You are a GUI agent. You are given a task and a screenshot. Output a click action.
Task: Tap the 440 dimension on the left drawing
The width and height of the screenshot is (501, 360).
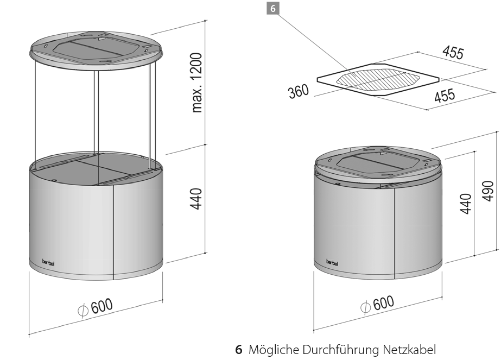pyautogui.click(x=196, y=199)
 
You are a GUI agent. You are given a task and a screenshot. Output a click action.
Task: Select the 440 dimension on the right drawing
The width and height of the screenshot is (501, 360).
pyautogui.click(x=466, y=204)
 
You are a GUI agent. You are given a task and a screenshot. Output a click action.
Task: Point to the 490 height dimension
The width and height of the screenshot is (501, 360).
pyautogui.click(x=488, y=191)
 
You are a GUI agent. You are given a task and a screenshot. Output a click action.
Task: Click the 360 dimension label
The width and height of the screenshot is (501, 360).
pyautogui.click(x=299, y=91)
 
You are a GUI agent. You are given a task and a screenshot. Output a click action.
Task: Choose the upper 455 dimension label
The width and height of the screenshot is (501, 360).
pyautogui.click(x=453, y=53)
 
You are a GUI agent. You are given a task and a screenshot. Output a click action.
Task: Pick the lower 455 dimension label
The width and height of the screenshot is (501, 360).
pyautogui.click(x=445, y=95)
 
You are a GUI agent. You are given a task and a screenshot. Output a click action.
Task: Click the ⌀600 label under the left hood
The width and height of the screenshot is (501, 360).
pyautogui.click(x=96, y=307)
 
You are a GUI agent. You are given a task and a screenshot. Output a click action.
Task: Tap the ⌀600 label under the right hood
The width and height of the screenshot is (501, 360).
pyautogui.click(x=377, y=304)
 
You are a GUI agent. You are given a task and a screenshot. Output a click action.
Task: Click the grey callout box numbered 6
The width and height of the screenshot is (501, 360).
pyautogui.click(x=272, y=8)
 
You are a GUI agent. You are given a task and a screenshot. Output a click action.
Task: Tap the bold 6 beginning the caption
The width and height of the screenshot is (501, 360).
pyautogui.click(x=239, y=350)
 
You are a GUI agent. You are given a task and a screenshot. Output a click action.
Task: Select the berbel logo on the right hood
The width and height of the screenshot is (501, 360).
pyautogui.click(x=332, y=262)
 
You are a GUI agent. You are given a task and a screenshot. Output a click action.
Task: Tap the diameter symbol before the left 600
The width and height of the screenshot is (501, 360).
pyautogui.click(x=83, y=311)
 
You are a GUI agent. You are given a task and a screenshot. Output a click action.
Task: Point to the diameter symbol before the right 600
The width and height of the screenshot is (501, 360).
pyautogui.click(x=365, y=307)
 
